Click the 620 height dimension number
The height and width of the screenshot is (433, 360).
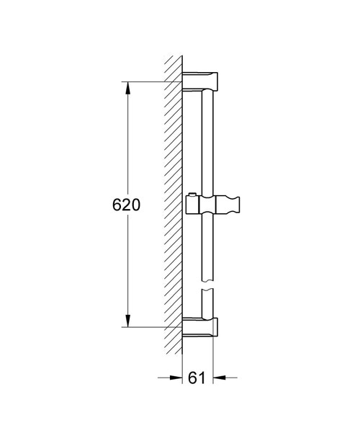click(126, 205)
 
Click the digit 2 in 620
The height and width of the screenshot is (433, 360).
click(126, 205)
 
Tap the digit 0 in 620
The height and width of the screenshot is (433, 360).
click(135, 205)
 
